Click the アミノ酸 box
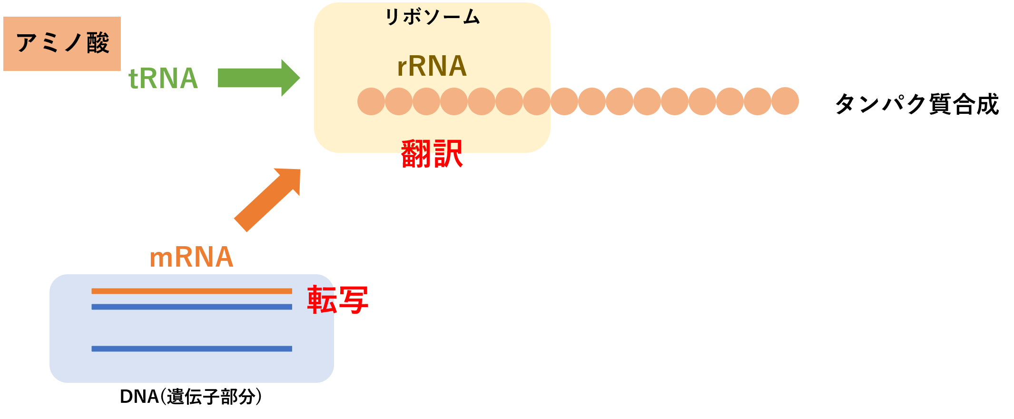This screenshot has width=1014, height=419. [62, 44]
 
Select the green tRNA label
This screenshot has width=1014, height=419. [163, 79]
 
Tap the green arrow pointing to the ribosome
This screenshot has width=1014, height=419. [259, 78]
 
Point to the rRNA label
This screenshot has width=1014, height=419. [432, 66]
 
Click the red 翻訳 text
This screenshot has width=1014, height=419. [432, 153]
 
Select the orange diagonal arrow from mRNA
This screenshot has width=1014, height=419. [267, 200]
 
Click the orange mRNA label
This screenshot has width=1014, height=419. [191, 257]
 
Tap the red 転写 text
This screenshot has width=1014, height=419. [338, 299]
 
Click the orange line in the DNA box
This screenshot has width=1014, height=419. [192, 291]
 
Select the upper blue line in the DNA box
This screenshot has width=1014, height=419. [192, 307]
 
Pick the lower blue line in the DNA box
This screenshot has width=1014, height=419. [192, 349]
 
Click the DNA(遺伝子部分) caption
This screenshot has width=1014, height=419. [191, 397]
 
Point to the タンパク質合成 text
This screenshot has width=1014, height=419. [917, 104]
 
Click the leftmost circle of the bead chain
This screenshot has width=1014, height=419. [371, 101]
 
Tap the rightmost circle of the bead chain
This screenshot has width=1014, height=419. [785, 101]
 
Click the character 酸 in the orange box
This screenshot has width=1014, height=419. [98, 43]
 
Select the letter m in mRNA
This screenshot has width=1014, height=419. [160, 259]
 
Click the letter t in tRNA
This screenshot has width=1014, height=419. [133, 80]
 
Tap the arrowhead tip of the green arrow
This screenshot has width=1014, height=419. [300, 78]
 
